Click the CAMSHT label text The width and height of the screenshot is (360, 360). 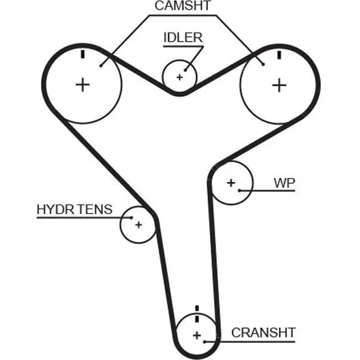pos(183,5)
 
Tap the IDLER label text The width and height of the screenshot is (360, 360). pos(183,37)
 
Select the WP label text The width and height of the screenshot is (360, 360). pos(284,183)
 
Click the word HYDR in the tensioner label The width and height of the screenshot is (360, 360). pos(55,209)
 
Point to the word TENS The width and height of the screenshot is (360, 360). pos(94,209)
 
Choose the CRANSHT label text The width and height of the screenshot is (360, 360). pos(263,333)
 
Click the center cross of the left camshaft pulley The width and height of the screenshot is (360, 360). pos(82,85)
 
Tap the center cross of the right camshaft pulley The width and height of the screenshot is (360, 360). pos(279,85)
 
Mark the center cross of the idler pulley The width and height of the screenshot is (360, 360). pos(180,77)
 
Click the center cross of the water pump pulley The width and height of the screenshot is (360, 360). pos(231,183)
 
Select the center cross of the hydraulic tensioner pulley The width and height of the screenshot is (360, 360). pos(138,224)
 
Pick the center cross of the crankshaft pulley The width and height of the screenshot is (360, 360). pos(197,335)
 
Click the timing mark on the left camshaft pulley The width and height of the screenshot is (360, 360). pos(83,55)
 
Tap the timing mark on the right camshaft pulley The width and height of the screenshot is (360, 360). pos(279,55)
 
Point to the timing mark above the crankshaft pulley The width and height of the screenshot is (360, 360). pos(197,314)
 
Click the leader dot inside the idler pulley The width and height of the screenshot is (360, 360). pos(185,70)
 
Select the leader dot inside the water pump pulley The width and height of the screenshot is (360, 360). pos(239,190)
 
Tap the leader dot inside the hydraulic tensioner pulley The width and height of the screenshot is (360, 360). pos(132,217)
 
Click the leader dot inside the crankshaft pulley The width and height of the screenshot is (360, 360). pos(205,342)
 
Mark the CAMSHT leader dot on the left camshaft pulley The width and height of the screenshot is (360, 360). pos(101,66)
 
